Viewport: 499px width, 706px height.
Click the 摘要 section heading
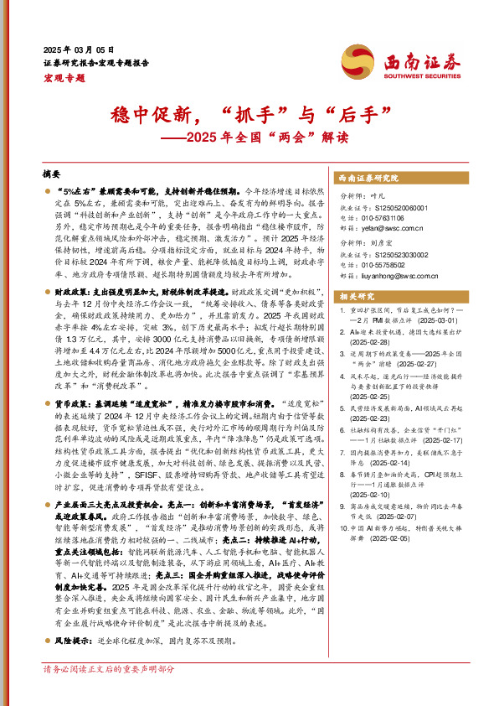click(51, 174)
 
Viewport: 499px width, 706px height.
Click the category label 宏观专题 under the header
click(64, 78)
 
